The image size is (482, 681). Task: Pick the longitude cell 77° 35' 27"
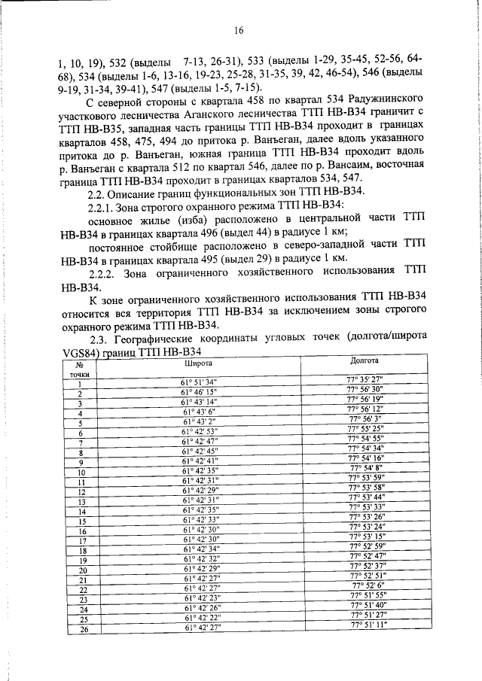point(365,378)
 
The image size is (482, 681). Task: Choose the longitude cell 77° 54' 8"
point(365,467)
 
